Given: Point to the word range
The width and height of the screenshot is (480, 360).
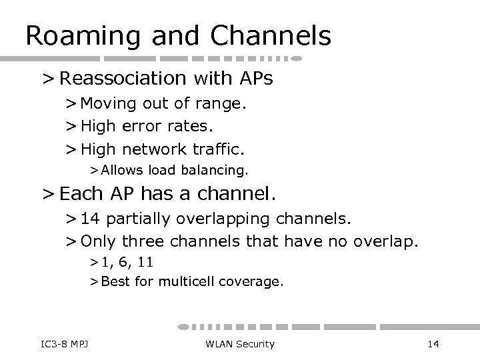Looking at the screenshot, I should point(221,105).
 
